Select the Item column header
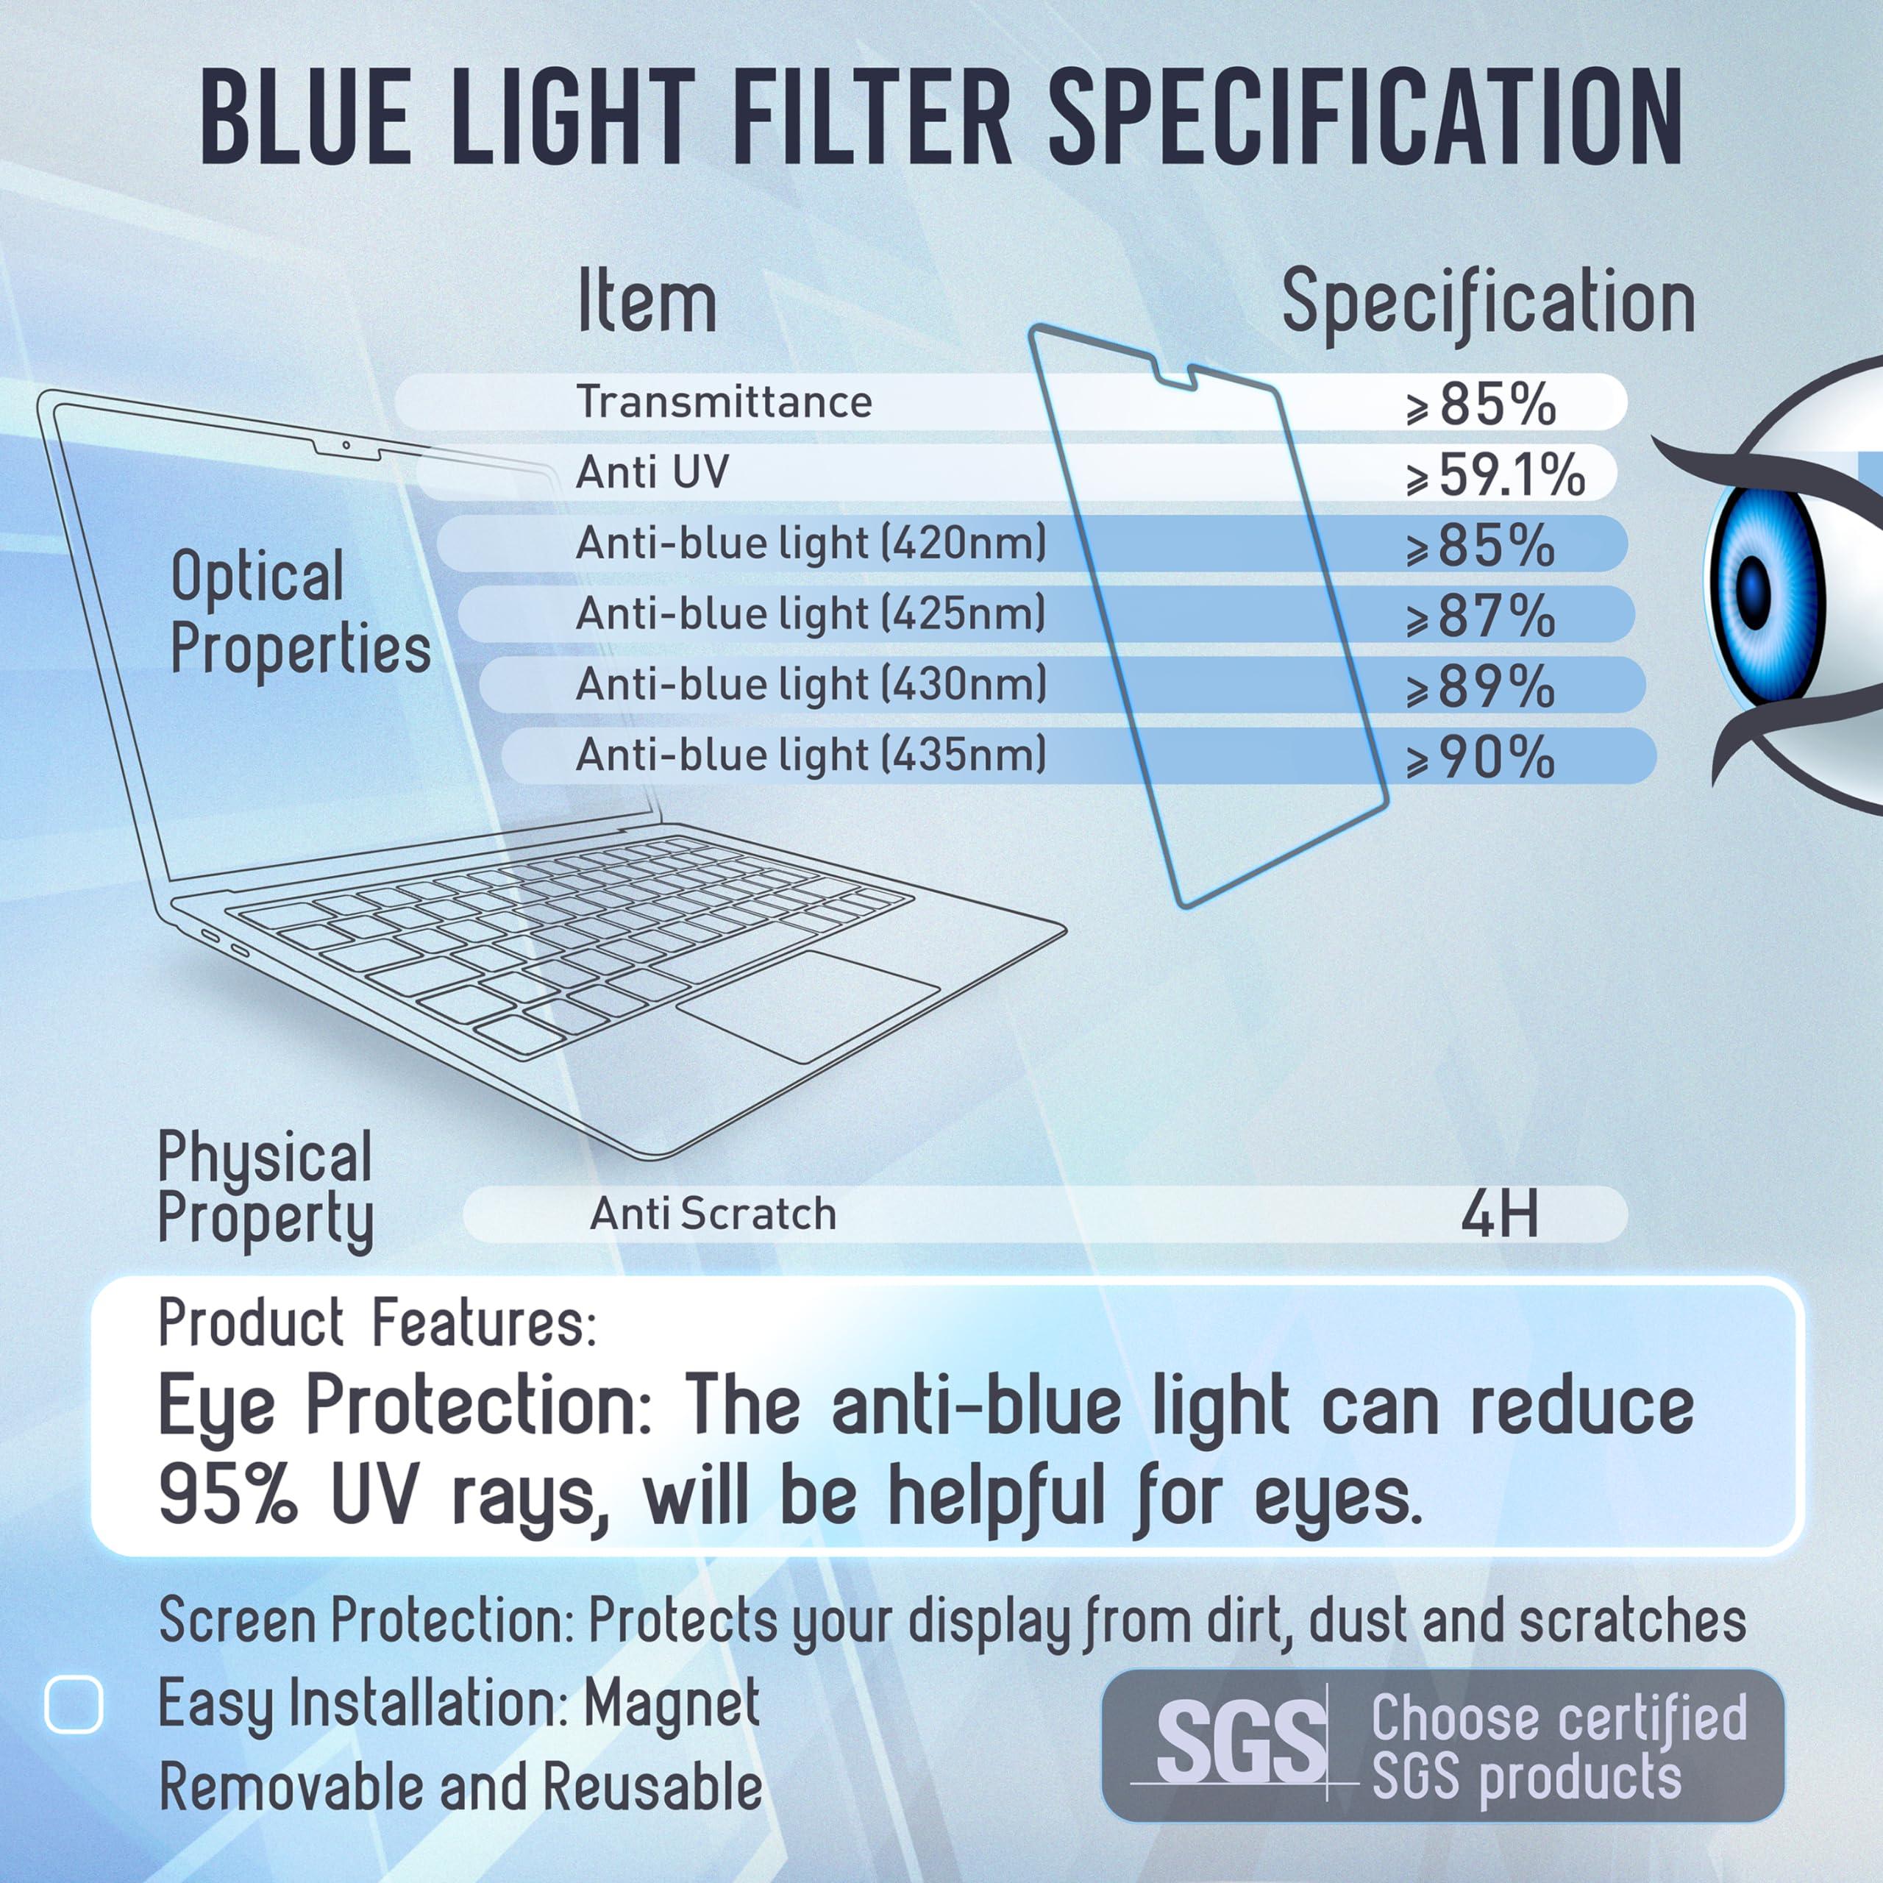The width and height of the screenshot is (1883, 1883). click(647, 302)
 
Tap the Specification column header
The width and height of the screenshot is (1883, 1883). click(1487, 302)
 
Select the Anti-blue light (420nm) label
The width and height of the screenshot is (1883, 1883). click(811, 543)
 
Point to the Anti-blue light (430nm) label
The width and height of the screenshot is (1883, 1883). click(811, 684)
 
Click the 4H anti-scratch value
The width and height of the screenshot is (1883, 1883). click(1499, 1214)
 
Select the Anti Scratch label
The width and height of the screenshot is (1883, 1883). click(713, 1214)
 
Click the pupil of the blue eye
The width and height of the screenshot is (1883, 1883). click(1754, 588)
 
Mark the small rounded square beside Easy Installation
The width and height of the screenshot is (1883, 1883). click(74, 1705)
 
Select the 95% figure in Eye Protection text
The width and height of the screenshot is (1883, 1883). click(227, 1496)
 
